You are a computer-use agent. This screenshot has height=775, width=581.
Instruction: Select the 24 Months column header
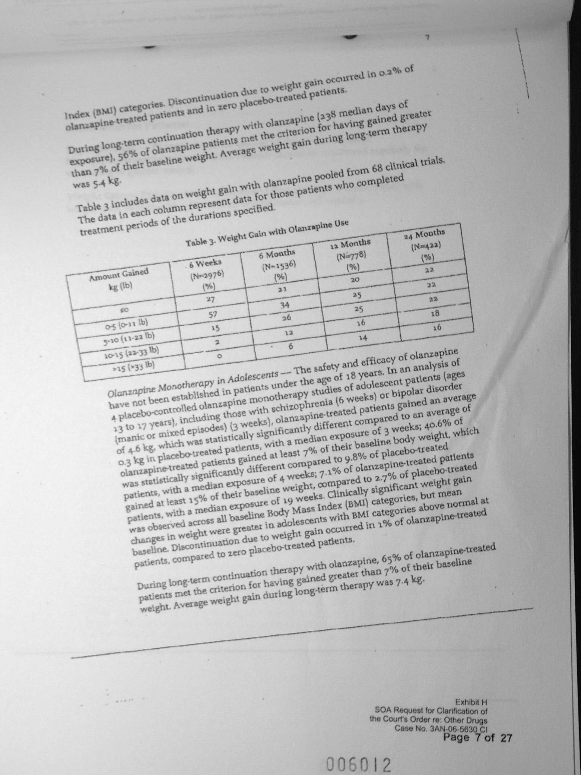pyautogui.click(x=425, y=245)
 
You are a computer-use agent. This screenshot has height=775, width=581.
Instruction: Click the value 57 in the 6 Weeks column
pyautogui.click(x=212, y=315)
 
